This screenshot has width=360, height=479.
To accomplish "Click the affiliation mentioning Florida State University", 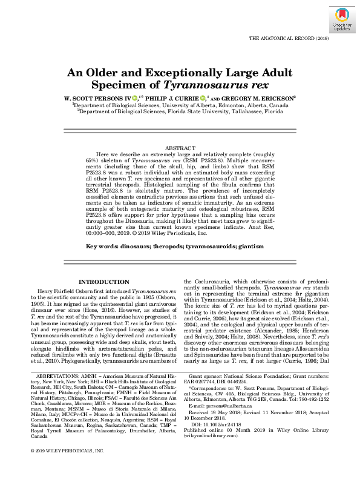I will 180,111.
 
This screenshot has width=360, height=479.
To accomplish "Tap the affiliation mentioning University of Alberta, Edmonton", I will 180,105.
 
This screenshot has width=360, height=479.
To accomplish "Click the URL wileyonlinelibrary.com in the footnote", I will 212,435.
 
